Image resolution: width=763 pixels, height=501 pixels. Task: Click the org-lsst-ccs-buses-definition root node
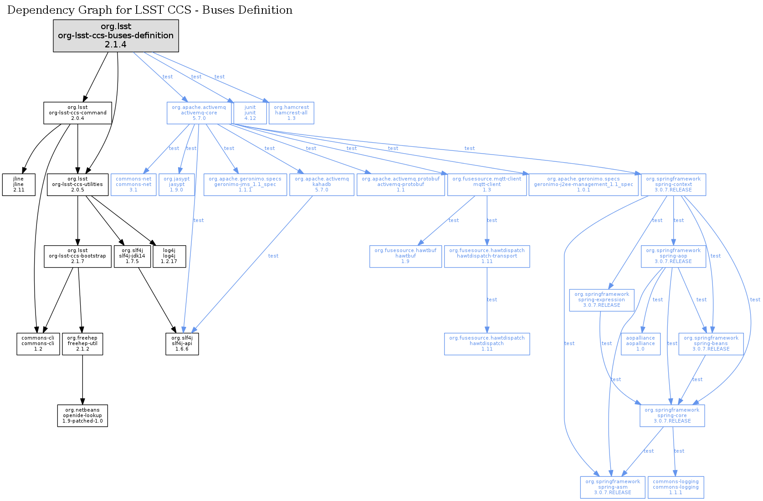pyautogui.click(x=116, y=36)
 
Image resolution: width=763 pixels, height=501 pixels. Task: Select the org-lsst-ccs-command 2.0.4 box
pyautogui.click(x=77, y=113)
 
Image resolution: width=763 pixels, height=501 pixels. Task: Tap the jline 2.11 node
pyautogui.click(x=19, y=185)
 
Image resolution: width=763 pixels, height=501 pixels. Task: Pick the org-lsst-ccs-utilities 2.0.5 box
pyautogui.click(x=77, y=185)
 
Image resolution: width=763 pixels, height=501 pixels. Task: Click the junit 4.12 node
pyautogui.click(x=250, y=113)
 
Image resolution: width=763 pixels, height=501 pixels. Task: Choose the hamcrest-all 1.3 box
pyautogui.click(x=292, y=113)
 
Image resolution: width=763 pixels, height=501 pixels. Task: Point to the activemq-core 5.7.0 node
pyautogui.click(x=199, y=113)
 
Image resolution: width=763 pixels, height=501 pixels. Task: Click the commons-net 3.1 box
pyautogui.click(x=133, y=185)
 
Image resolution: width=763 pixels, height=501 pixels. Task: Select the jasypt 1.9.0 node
pyautogui.click(x=177, y=185)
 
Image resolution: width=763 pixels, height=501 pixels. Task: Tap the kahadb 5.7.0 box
pyautogui.click(x=322, y=185)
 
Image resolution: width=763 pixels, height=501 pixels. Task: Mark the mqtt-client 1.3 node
pyautogui.click(x=487, y=185)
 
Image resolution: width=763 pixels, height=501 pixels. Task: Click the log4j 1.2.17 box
pyautogui.click(x=169, y=256)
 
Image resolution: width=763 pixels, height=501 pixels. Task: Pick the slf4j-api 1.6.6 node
pyautogui.click(x=182, y=344)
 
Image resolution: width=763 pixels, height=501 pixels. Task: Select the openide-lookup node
pyautogui.click(x=82, y=416)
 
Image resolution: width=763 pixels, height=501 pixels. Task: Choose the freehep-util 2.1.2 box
pyautogui.click(x=82, y=344)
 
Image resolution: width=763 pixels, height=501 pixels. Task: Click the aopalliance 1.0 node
pyautogui.click(x=640, y=344)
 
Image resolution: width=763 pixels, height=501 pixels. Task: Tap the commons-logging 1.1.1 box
pyautogui.click(x=676, y=487)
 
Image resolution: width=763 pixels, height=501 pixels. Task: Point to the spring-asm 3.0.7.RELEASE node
pyautogui.click(x=613, y=487)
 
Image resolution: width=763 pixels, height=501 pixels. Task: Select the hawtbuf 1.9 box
pyautogui.click(x=405, y=256)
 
